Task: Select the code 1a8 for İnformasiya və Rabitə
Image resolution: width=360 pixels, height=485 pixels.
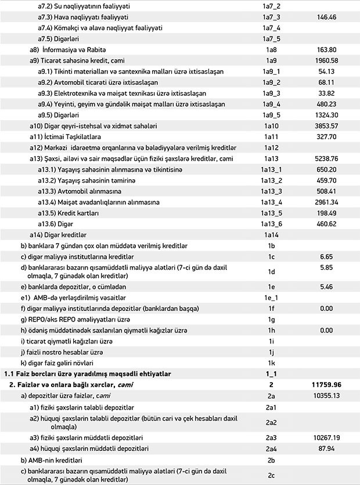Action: pyautogui.click(x=271, y=50)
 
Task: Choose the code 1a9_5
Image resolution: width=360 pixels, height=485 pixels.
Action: pyautogui.click(x=271, y=115)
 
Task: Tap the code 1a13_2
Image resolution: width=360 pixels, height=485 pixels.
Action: pyautogui.click(x=271, y=180)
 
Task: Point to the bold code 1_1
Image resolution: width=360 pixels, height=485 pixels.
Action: pyautogui.click(x=271, y=374)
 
